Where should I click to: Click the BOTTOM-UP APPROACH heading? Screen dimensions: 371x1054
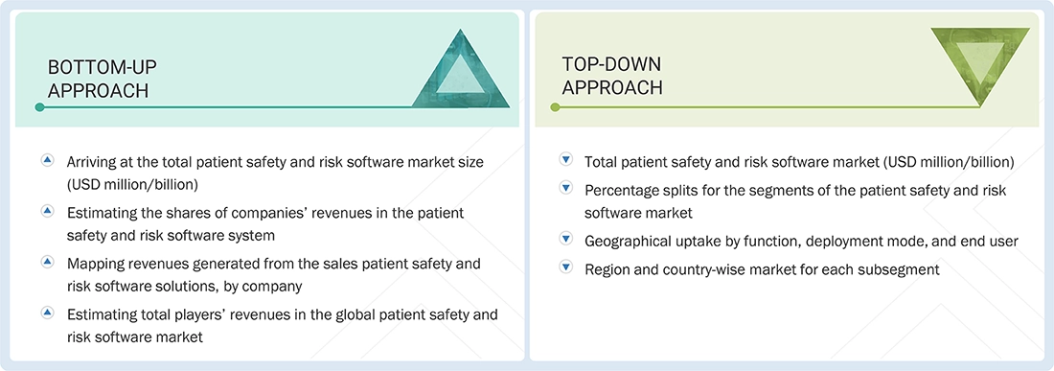pyautogui.click(x=102, y=78)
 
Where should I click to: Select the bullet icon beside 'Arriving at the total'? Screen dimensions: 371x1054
pyautogui.click(x=48, y=161)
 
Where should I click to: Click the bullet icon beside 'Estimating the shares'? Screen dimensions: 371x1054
pyautogui.click(x=48, y=211)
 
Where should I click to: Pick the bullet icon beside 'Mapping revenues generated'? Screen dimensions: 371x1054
pyautogui.click(x=48, y=262)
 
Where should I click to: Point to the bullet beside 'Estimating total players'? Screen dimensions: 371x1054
pyautogui.click(x=48, y=313)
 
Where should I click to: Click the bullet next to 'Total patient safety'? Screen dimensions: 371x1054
pyautogui.click(x=566, y=161)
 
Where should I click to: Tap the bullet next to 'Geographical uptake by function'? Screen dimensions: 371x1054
pyautogui.click(x=566, y=241)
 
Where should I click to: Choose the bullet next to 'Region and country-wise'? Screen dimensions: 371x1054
pyautogui.click(x=566, y=269)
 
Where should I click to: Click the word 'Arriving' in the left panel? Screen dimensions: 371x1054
pyautogui.click(x=94, y=162)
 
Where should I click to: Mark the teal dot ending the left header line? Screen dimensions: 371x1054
pyautogui.click(x=39, y=107)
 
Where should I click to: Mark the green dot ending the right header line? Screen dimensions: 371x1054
pyautogui.click(x=553, y=107)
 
